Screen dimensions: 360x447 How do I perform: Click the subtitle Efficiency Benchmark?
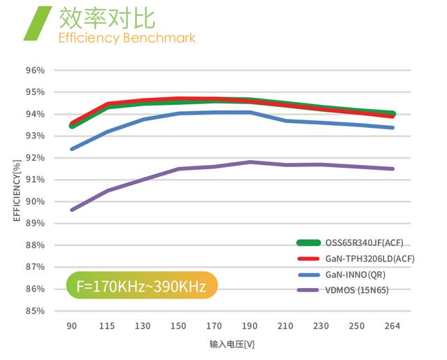[x=126, y=37]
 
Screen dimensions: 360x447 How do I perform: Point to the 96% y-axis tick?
[x=35, y=70]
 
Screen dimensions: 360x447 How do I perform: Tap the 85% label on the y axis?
[x=35, y=310]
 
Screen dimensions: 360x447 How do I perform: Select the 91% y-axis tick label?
[x=35, y=180]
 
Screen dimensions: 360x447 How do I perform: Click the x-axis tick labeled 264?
[x=392, y=326]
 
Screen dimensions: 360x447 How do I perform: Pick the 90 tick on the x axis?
[x=71, y=326]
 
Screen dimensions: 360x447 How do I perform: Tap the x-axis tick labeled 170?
[x=214, y=326]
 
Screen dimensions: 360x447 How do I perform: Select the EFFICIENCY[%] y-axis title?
[x=16, y=190]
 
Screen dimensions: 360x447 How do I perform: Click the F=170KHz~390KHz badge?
[x=142, y=286]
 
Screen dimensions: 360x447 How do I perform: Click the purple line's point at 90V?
[x=72, y=210]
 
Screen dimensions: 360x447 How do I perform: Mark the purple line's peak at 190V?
[x=249, y=162]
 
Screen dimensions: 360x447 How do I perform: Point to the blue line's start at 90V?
[x=72, y=149]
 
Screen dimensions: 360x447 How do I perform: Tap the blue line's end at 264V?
[x=393, y=127]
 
